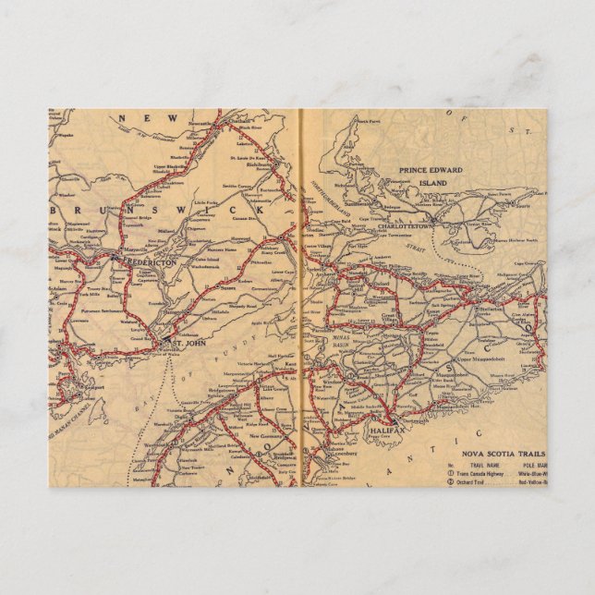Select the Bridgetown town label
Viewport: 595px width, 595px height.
tap(218, 393)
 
